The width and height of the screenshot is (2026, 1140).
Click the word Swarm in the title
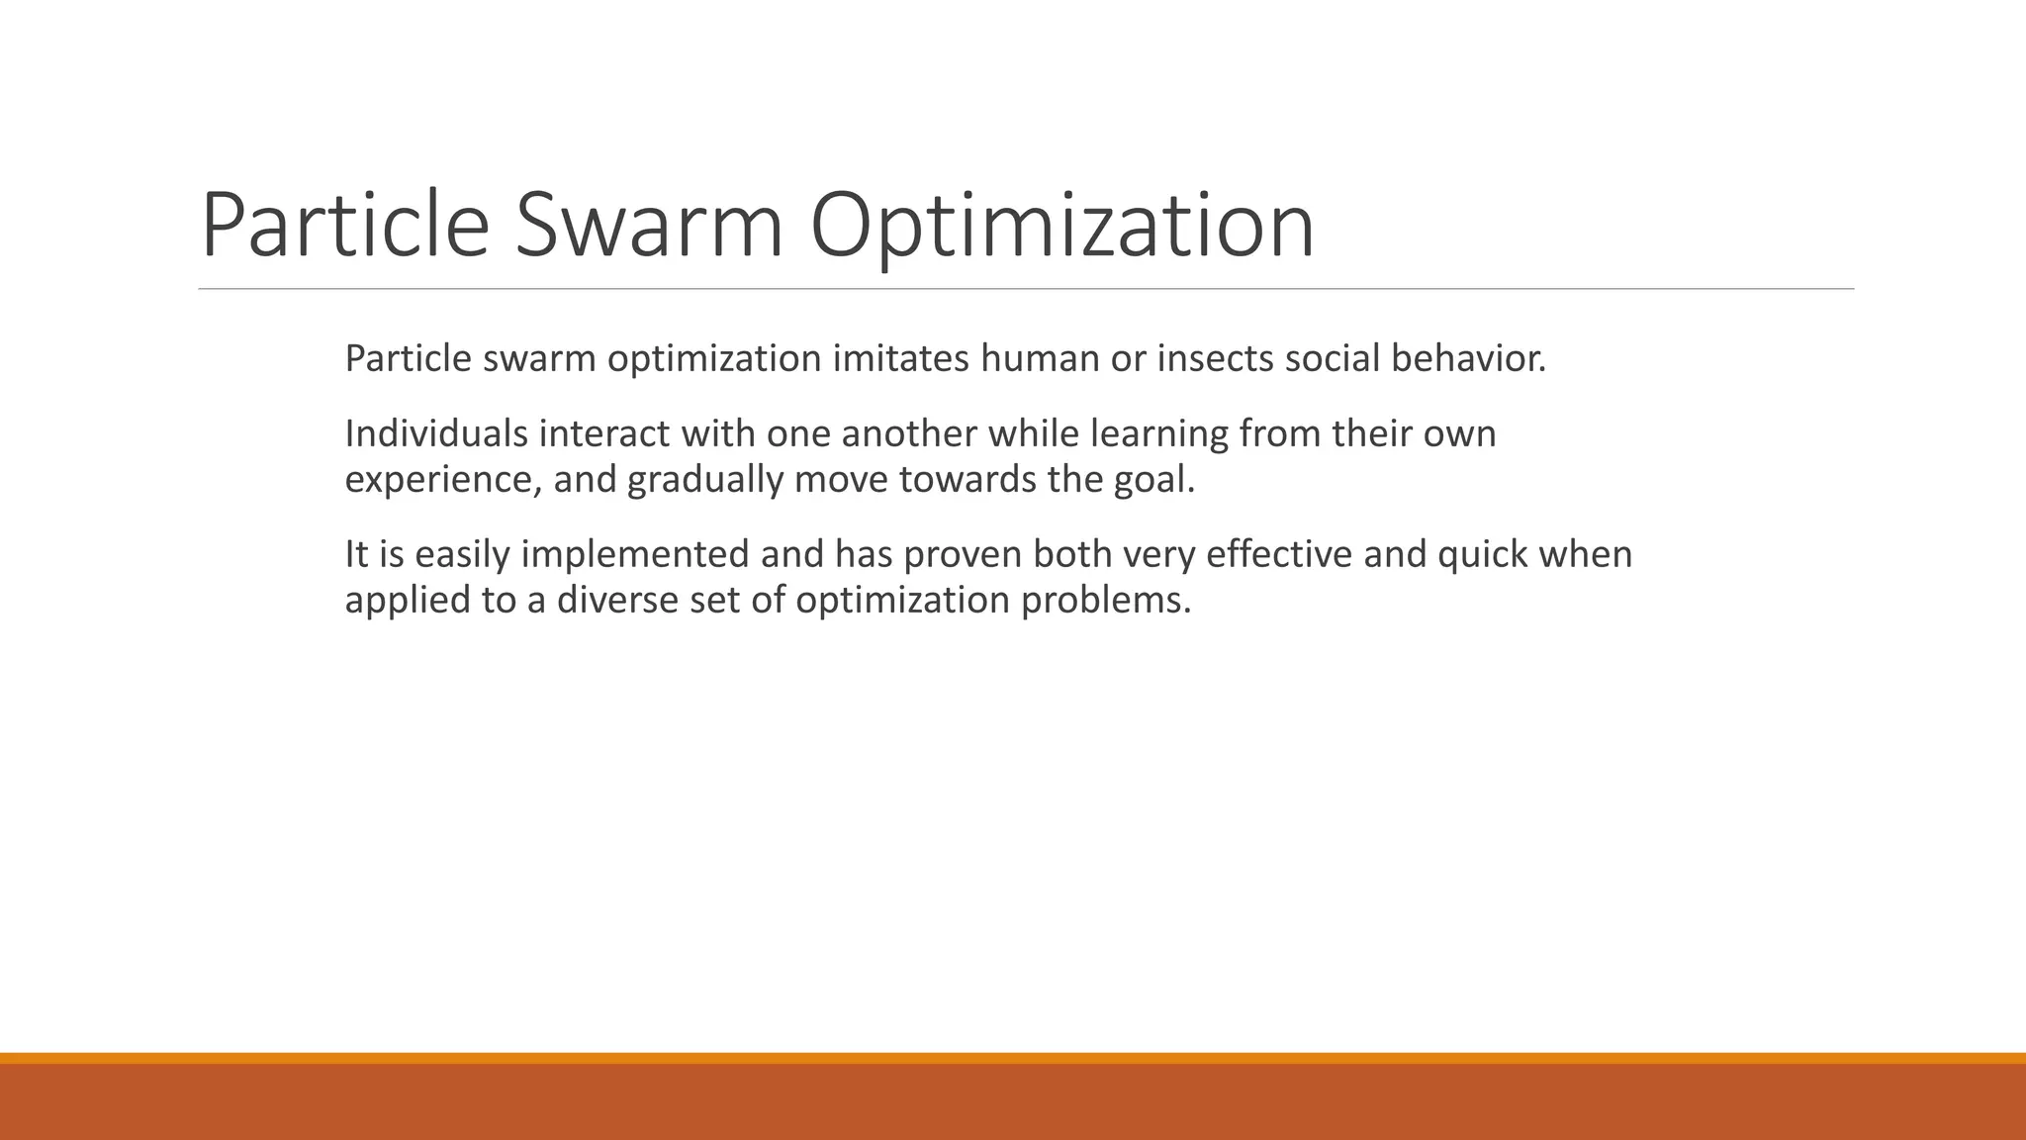pos(649,226)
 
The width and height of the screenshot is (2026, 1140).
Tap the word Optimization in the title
pos(1061,226)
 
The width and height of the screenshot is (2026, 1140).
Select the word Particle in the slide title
pos(344,226)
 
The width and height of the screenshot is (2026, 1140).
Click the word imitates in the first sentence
pos(900,358)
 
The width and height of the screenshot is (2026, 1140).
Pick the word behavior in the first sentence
pos(1467,358)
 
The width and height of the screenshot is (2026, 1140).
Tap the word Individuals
pos(436,433)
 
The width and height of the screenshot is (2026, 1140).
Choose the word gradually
pos(704,480)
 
